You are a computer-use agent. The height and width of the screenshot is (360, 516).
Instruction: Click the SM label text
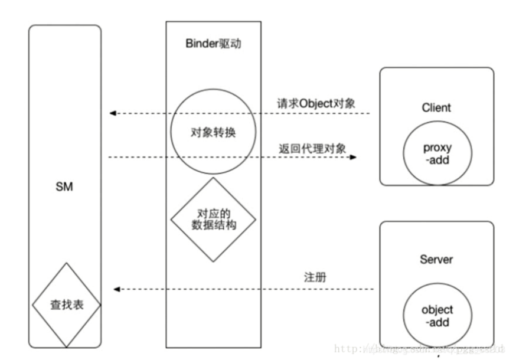(64, 188)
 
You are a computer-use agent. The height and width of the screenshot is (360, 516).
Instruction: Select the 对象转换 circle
(213, 133)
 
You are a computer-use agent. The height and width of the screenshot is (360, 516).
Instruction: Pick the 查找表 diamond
(66, 306)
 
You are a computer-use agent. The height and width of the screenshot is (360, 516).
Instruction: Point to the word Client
(436, 108)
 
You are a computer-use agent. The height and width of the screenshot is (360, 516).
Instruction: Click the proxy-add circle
(437, 153)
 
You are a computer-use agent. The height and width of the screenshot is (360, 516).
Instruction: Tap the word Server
(436, 260)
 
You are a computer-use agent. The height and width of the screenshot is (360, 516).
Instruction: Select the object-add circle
(437, 316)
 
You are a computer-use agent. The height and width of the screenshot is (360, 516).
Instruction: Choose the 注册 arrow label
(313, 277)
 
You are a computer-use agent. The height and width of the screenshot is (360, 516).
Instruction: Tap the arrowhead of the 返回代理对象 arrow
(354, 158)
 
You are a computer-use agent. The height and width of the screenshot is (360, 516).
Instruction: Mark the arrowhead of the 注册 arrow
(116, 289)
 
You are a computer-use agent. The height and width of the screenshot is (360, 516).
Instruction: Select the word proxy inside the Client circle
(437, 148)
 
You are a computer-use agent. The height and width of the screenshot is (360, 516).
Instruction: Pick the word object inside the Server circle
(437, 310)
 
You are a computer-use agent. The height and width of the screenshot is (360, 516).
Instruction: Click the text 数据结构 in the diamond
(213, 224)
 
